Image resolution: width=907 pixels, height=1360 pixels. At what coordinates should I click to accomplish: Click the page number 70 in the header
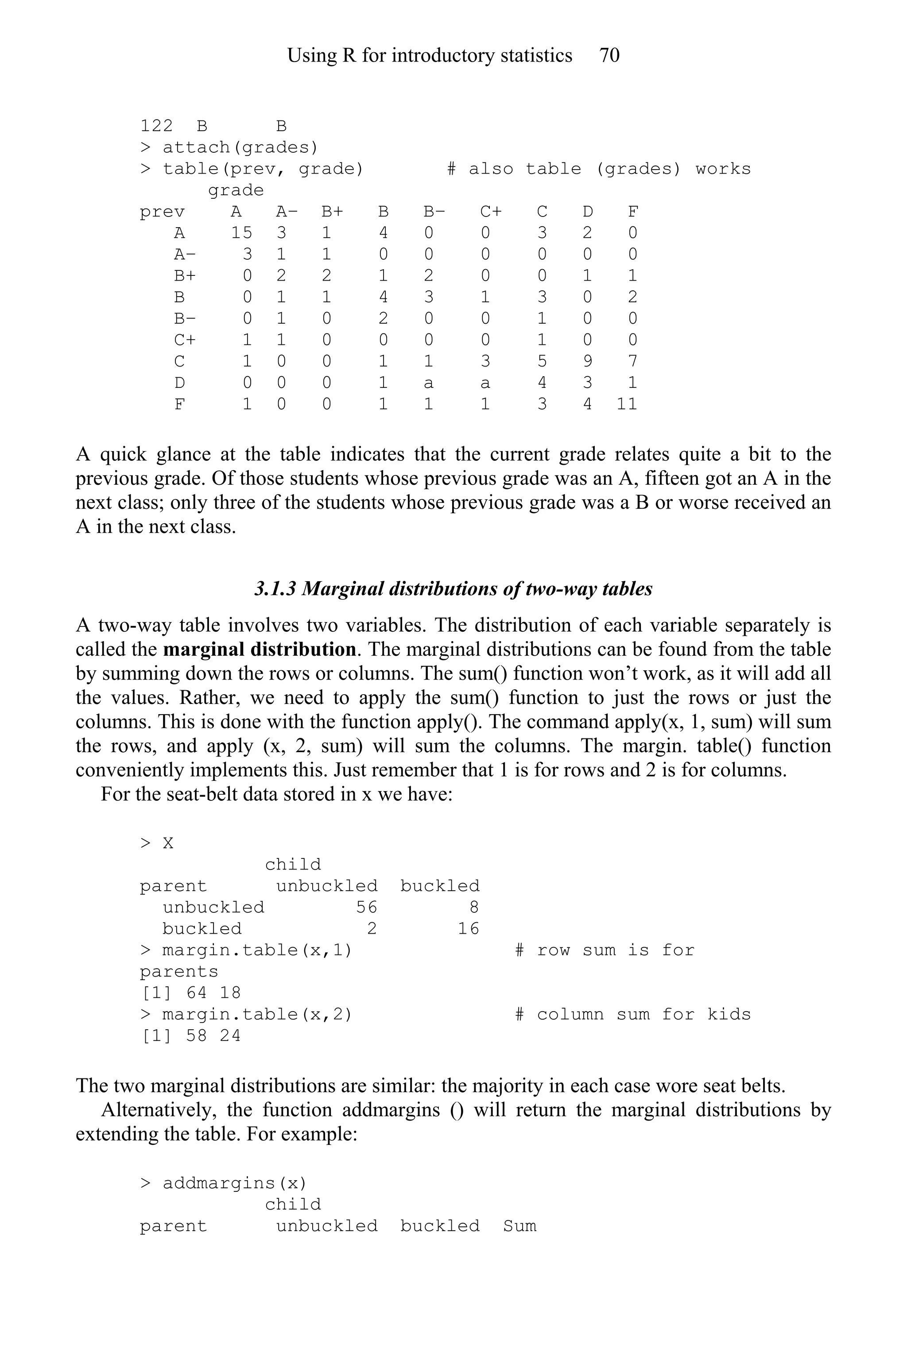(x=609, y=55)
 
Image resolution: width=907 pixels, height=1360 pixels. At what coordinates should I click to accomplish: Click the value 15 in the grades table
(x=241, y=232)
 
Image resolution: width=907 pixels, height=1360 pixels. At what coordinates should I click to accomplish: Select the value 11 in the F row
(x=627, y=404)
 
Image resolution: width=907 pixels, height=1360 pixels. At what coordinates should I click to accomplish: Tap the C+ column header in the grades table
(x=491, y=212)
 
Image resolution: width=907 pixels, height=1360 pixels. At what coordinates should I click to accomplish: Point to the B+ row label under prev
(x=185, y=276)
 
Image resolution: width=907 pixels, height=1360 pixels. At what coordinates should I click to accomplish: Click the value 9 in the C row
(x=587, y=361)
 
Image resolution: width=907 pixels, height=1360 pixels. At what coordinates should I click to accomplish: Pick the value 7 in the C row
(x=632, y=361)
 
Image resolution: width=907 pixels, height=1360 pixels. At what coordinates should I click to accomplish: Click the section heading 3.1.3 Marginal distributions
(x=453, y=589)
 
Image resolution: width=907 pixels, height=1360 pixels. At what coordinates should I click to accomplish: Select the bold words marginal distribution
(x=259, y=649)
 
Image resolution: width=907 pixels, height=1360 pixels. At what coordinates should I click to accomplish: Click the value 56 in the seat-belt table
(x=366, y=907)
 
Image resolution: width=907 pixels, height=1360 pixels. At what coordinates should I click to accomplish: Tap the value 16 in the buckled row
(x=468, y=929)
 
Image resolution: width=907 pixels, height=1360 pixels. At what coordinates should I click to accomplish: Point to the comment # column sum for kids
(x=632, y=1014)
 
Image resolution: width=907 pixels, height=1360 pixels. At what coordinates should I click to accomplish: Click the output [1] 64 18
(x=191, y=993)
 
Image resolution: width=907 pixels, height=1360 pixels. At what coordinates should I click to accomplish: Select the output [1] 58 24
(x=191, y=1035)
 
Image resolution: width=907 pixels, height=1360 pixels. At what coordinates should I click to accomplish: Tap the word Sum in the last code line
(x=519, y=1226)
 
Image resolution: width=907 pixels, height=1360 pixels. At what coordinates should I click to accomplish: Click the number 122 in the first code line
(x=156, y=126)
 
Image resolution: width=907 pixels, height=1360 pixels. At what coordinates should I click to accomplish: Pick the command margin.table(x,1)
(x=256, y=950)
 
